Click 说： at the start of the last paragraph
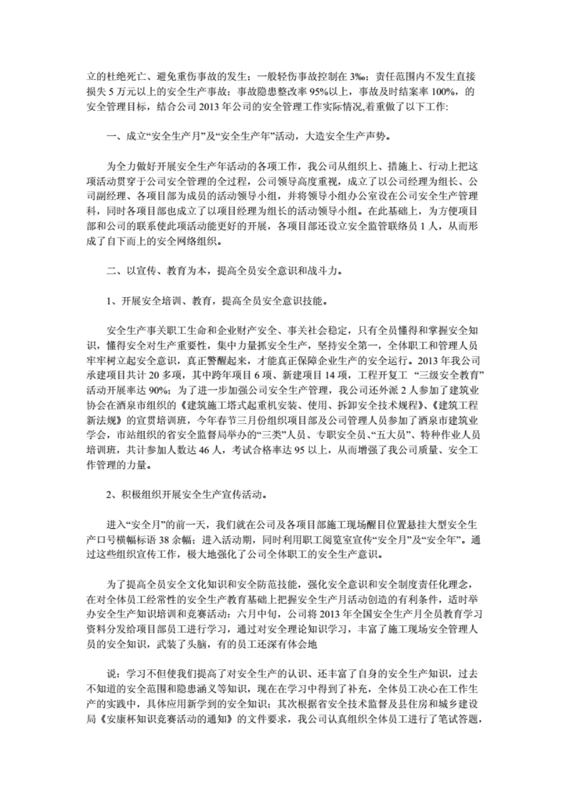[x=113, y=673]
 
